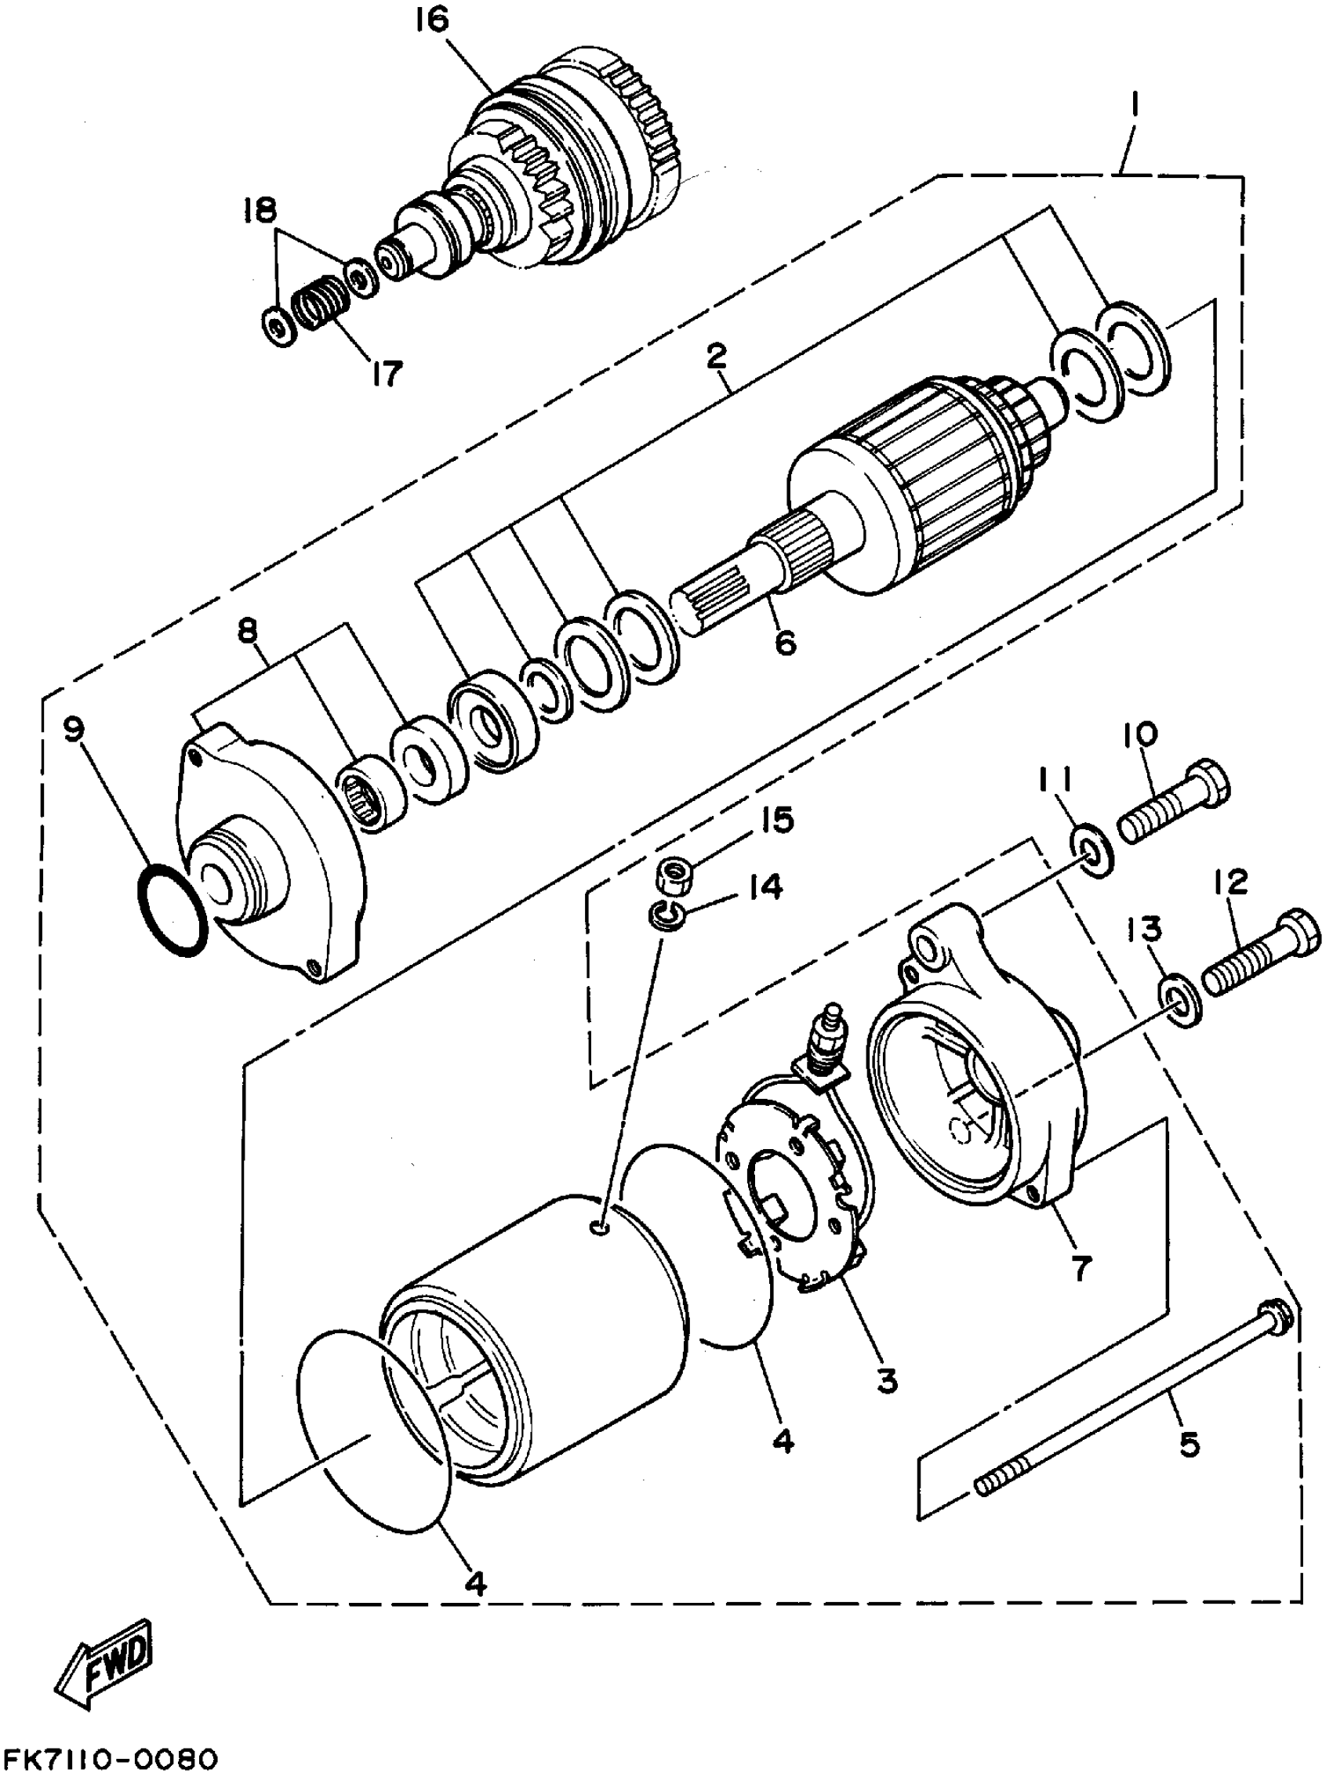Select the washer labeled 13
tap(1181, 1000)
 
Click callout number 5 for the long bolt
tap(1188, 1443)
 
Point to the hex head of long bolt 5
tap(1277, 1321)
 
